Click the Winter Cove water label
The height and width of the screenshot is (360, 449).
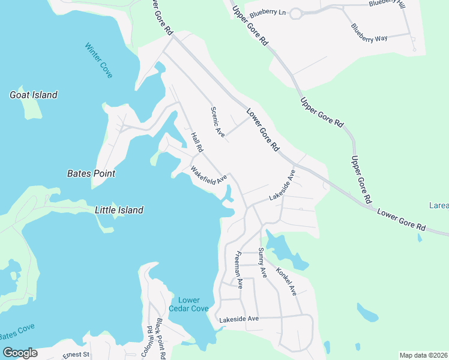(x=98, y=60)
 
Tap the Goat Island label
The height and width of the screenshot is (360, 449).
(x=34, y=95)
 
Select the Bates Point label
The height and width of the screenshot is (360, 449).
(x=91, y=173)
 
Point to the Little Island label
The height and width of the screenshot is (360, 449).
(x=119, y=210)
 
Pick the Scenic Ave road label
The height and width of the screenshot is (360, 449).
(x=217, y=122)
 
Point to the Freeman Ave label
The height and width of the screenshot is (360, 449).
(x=239, y=270)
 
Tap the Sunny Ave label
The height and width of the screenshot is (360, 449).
(x=262, y=262)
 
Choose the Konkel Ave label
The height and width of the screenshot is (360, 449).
(x=286, y=281)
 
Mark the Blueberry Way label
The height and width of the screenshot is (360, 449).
(x=369, y=33)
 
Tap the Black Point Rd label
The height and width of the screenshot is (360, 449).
(x=161, y=339)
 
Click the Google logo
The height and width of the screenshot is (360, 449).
(x=20, y=353)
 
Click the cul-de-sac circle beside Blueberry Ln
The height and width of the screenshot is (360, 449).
(x=295, y=13)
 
